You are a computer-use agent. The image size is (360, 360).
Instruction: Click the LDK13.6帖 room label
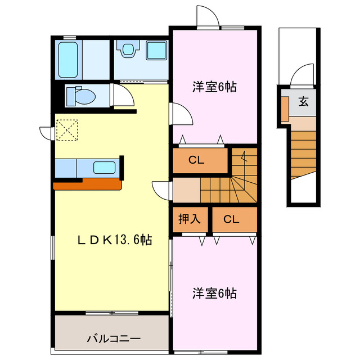click(114, 240)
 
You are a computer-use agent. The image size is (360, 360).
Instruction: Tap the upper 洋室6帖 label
click(214, 87)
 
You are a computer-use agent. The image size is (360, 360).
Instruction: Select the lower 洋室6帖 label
click(214, 293)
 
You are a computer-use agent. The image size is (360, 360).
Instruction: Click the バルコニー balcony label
click(114, 339)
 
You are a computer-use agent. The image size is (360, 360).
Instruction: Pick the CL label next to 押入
click(231, 219)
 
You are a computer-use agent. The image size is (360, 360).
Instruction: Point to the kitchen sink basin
click(105, 168)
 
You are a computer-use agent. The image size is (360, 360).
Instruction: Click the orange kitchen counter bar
click(87, 184)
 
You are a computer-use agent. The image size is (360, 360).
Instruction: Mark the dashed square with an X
click(66, 130)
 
